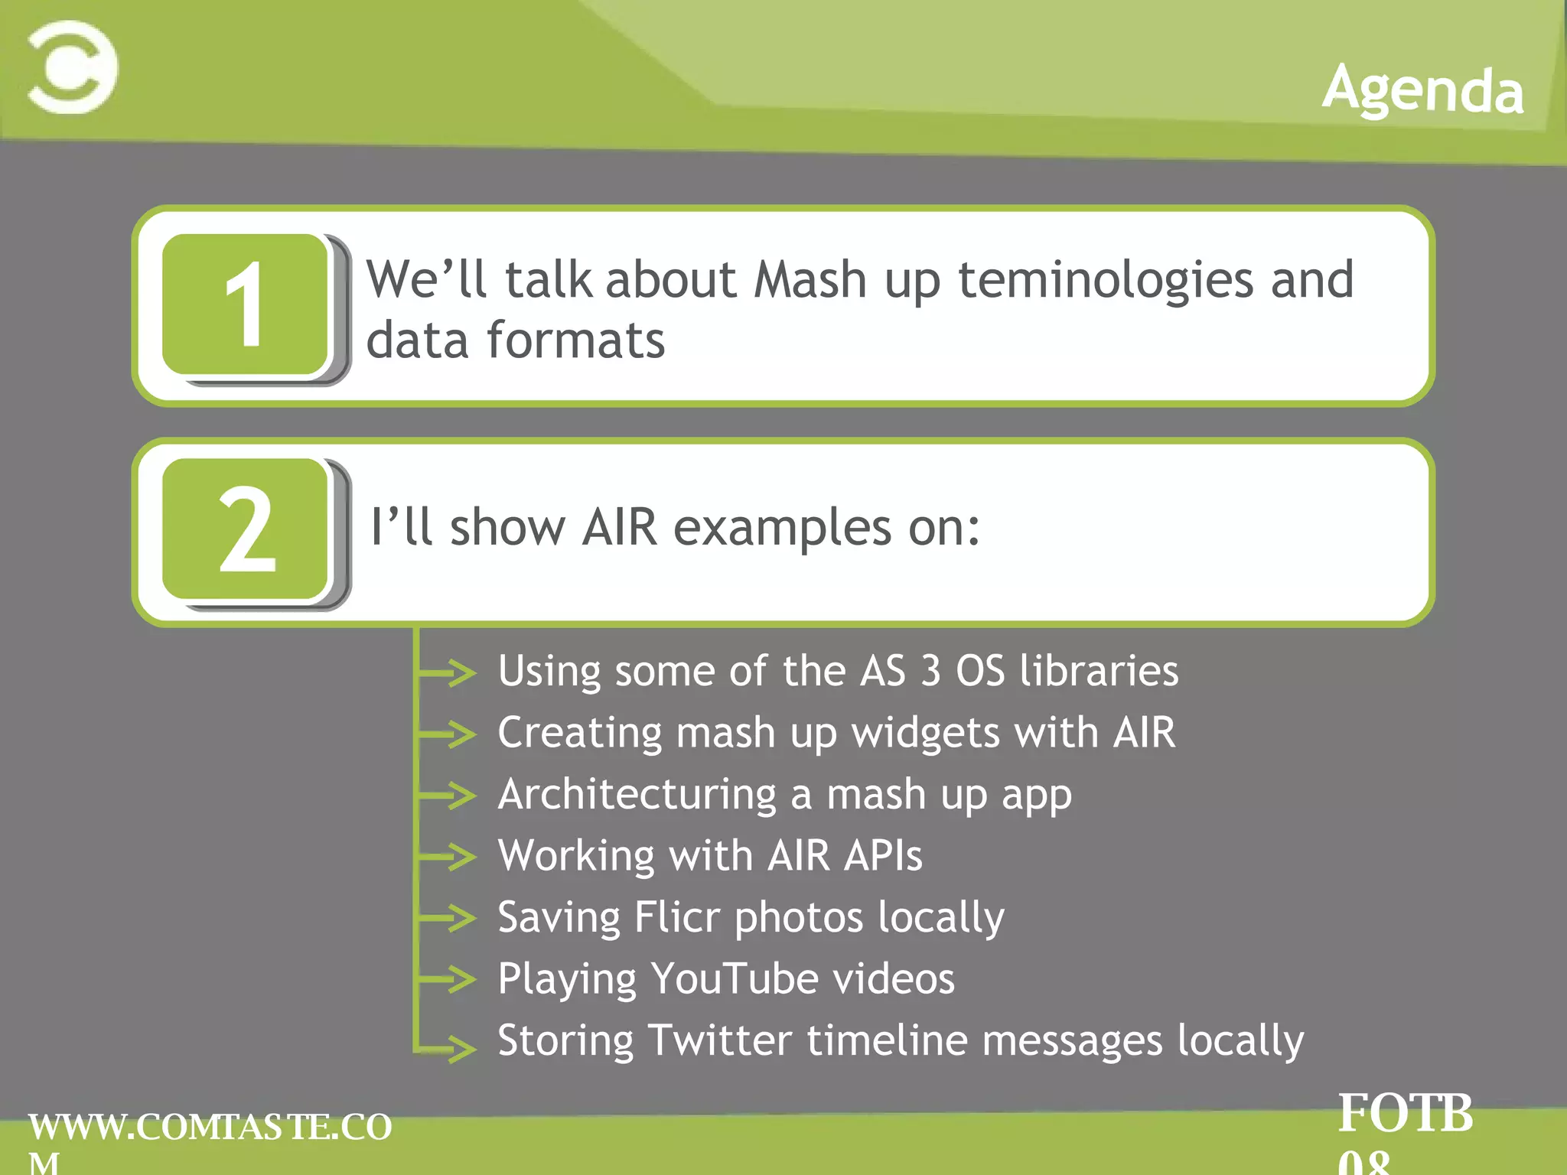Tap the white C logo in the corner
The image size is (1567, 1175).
pyautogui.click(x=73, y=67)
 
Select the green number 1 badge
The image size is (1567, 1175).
pyautogui.click(x=246, y=304)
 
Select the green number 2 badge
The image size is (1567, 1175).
pyautogui.click(x=246, y=529)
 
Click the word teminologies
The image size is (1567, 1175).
pyautogui.click(x=1106, y=280)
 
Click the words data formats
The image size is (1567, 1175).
pyautogui.click(x=515, y=340)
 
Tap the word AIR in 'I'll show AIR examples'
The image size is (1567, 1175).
pyautogui.click(x=619, y=527)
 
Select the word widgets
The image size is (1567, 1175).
pyautogui.click(x=926, y=733)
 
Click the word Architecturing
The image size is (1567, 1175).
pyautogui.click(x=637, y=795)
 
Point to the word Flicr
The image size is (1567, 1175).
pyautogui.click(x=677, y=916)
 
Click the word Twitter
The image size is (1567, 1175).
pyautogui.click(x=719, y=1040)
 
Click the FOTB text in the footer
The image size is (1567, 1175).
pyautogui.click(x=1405, y=1114)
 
